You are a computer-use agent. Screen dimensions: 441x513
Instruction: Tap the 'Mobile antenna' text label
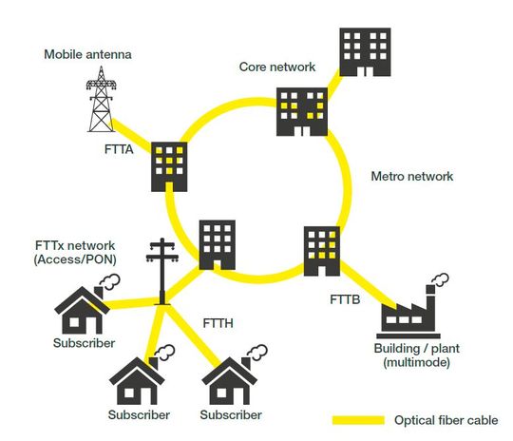pos(86,54)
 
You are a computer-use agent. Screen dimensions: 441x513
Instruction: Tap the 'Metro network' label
pos(410,177)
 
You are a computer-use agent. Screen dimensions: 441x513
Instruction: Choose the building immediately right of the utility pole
pos(217,245)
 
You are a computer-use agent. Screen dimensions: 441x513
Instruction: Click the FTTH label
pos(219,324)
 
